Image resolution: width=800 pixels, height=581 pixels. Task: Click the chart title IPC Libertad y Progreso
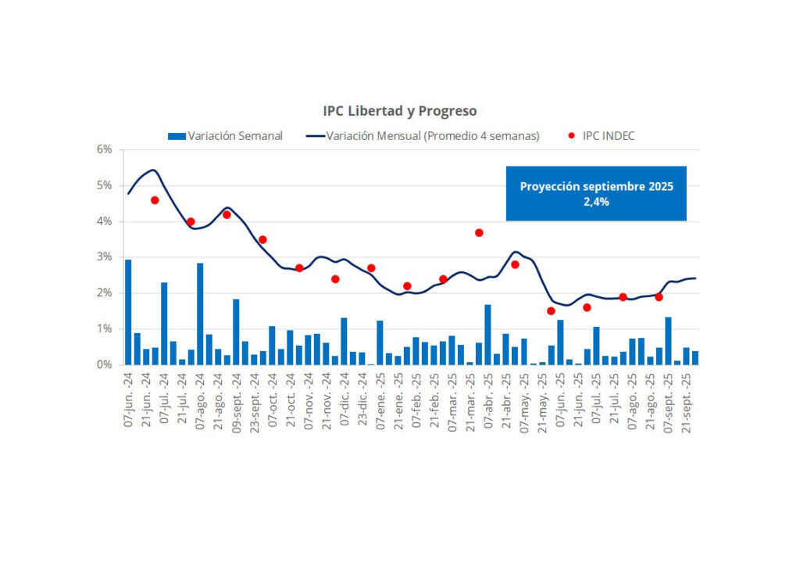point(400,111)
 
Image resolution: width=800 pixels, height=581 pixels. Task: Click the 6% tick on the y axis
point(105,149)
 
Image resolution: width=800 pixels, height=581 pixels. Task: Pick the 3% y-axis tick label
point(105,257)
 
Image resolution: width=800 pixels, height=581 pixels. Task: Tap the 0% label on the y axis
point(105,365)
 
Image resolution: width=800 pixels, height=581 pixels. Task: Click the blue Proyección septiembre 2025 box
point(596,193)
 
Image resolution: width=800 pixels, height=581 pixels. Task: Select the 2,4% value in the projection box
point(596,201)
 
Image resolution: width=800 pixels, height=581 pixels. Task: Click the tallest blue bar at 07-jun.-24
point(128,312)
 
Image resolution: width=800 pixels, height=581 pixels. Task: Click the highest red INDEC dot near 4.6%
point(155,200)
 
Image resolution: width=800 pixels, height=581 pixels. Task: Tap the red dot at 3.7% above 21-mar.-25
point(479,232)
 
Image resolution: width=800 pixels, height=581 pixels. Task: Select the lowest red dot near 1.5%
point(551,311)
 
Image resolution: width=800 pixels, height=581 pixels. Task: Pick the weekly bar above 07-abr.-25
point(488,335)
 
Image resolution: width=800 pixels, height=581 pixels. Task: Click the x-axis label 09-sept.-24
point(236,403)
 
